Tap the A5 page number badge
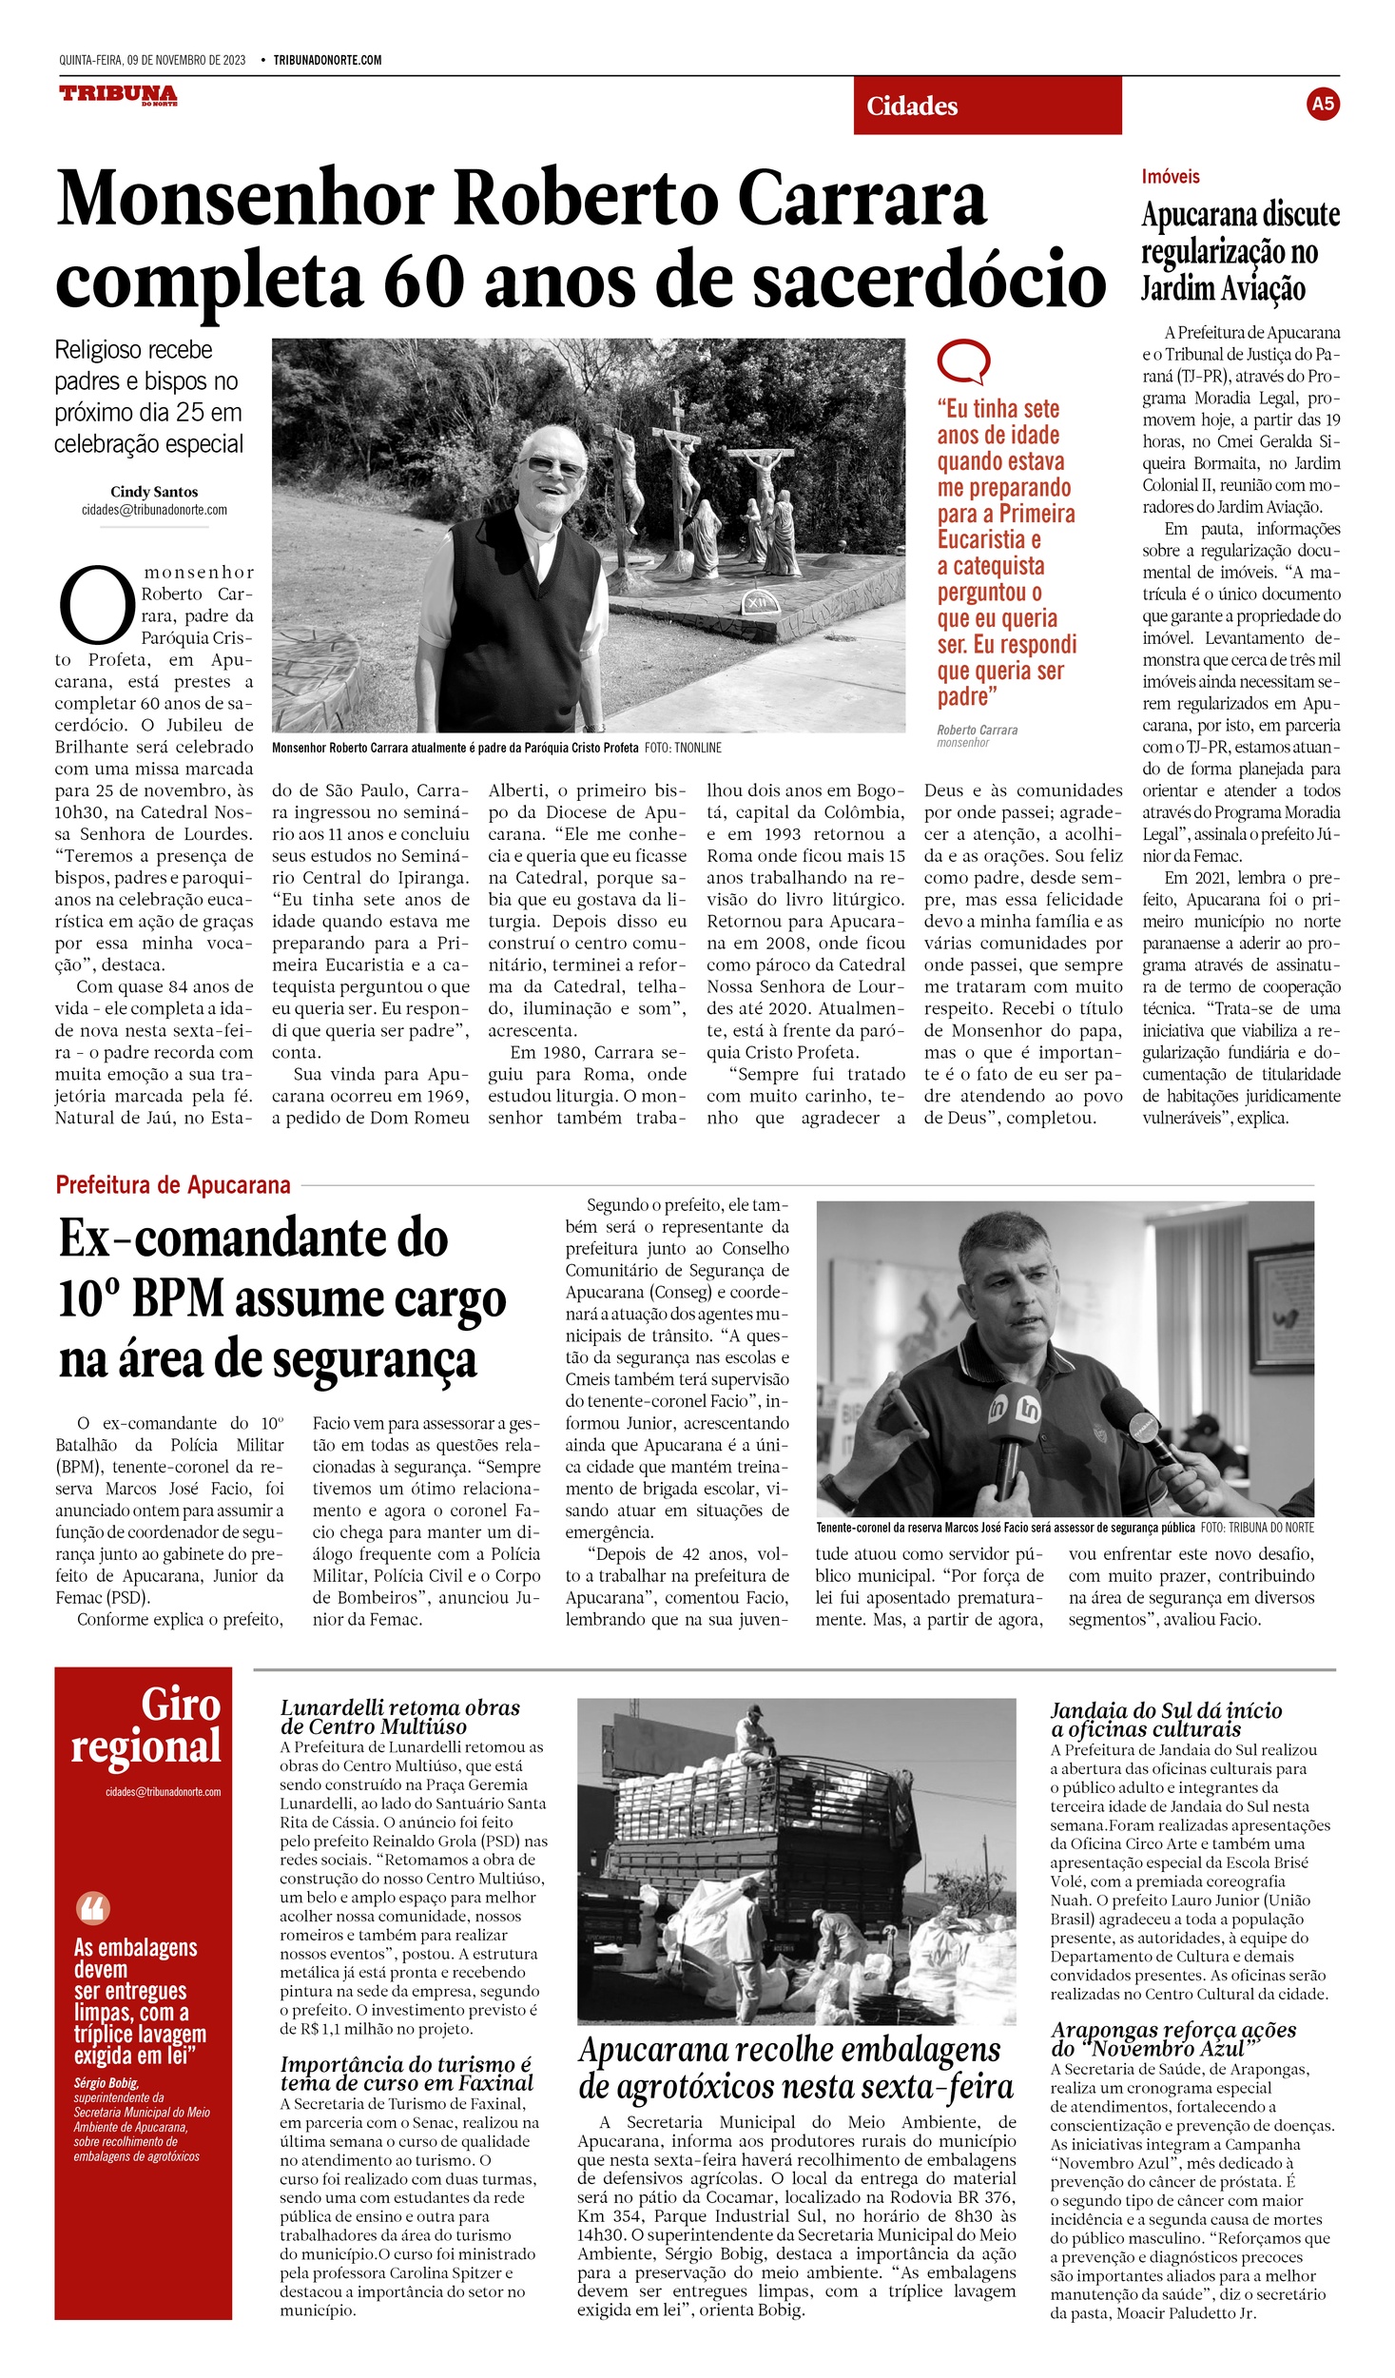(x=1322, y=104)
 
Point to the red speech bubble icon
(x=962, y=361)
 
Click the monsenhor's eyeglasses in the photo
(x=554, y=466)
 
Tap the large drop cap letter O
(x=96, y=605)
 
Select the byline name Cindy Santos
(x=154, y=492)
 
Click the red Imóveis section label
(x=1170, y=177)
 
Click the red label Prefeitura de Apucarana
(x=173, y=1185)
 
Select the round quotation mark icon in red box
(x=92, y=1907)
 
